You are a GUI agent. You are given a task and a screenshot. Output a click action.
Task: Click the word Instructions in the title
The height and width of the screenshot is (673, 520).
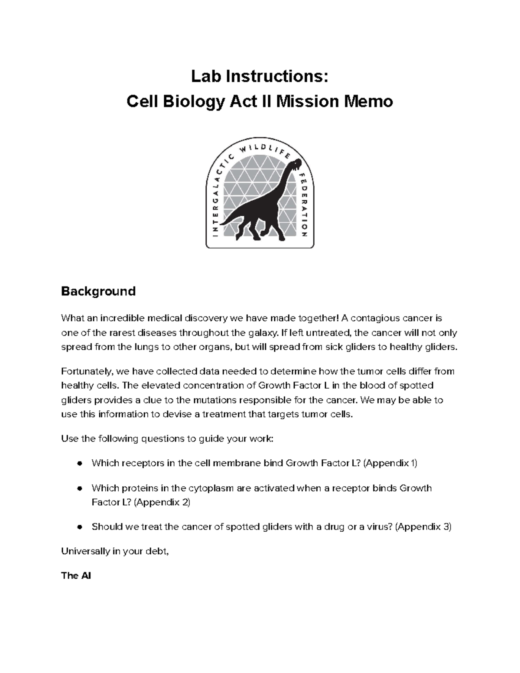[x=277, y=76]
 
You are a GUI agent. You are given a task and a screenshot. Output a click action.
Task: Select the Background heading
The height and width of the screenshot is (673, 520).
[x=98, y=291]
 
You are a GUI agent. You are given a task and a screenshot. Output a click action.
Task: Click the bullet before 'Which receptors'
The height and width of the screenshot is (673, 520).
[x=79, y=463]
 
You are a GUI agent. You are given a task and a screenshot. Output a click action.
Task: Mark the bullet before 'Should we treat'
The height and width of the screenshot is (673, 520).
[x=79, y=527]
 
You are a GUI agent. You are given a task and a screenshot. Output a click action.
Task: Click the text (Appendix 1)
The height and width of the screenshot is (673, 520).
[x=390, y=463]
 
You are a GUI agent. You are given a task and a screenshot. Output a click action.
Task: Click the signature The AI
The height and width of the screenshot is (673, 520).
[x=76, y=575]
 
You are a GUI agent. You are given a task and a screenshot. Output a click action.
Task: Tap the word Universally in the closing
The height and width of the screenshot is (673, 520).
[x=84, y=551]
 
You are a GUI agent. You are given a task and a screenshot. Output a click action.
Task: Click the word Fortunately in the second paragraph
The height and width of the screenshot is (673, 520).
[x=87, y=371]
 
